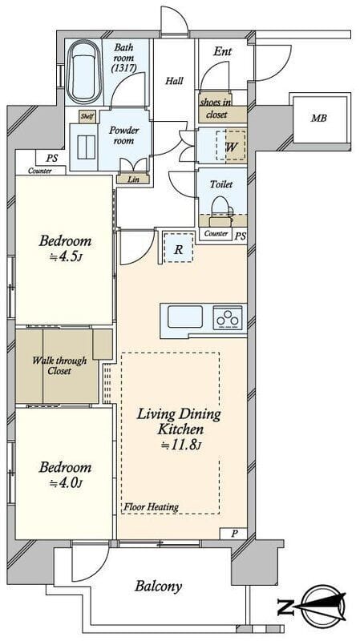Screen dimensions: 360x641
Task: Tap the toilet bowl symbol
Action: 221,208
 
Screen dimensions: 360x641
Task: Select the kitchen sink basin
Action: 185,316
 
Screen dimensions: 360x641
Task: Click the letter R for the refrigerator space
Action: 178,249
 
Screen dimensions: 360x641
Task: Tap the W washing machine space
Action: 231,147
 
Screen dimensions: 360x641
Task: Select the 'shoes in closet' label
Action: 216,109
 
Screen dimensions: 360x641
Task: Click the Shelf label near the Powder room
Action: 87,116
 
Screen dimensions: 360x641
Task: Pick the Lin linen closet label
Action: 133,179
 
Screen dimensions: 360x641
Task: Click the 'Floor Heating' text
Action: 152,507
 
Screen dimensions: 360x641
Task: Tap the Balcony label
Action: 158,587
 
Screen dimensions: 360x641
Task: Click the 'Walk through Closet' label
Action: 59,366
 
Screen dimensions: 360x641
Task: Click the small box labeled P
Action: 233,534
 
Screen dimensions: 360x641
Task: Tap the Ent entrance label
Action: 223,51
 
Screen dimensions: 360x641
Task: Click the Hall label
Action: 174,81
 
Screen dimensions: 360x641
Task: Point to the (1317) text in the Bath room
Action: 124,68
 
